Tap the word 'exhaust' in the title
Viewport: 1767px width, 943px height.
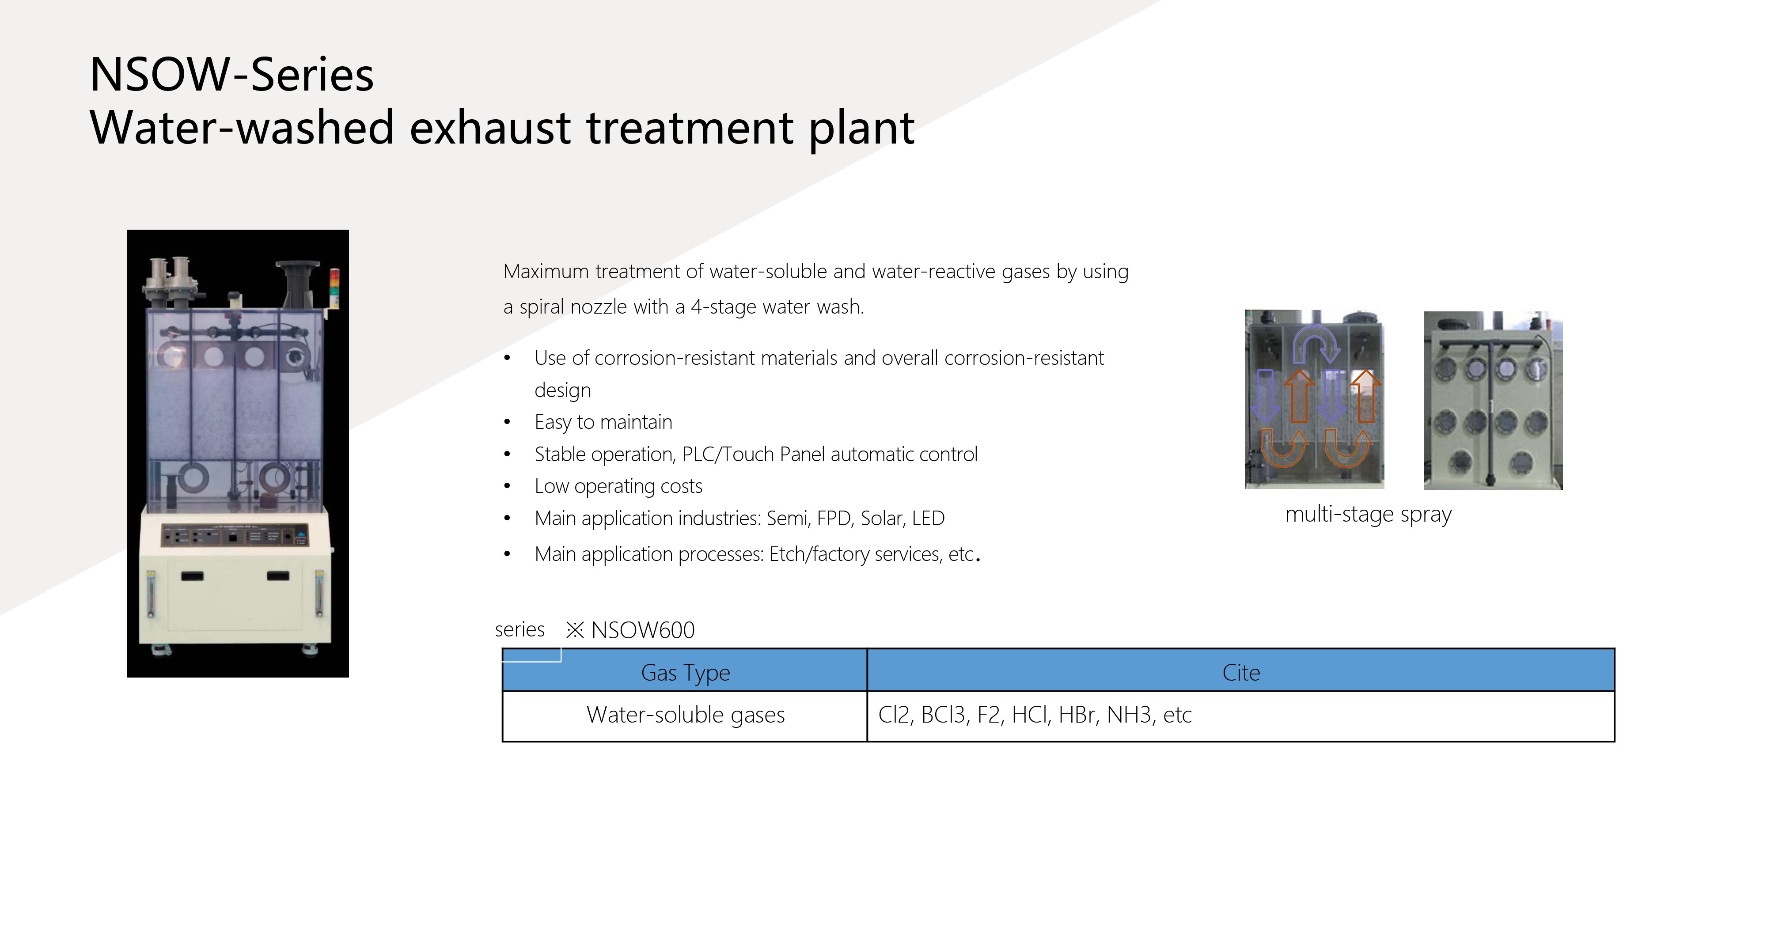(x=490, y=128)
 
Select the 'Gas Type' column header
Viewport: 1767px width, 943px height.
(x=685, y=673)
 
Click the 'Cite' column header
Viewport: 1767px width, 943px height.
(x=1241, y=673)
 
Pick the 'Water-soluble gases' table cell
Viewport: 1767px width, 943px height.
(x=685, y=715)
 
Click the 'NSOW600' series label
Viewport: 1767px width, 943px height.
(x=643, y=629)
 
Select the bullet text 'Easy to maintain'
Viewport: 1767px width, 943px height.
(x=603, y=422)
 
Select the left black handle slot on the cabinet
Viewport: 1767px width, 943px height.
(x=192, y=576)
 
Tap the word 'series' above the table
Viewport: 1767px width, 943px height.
(x=520, y=629)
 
